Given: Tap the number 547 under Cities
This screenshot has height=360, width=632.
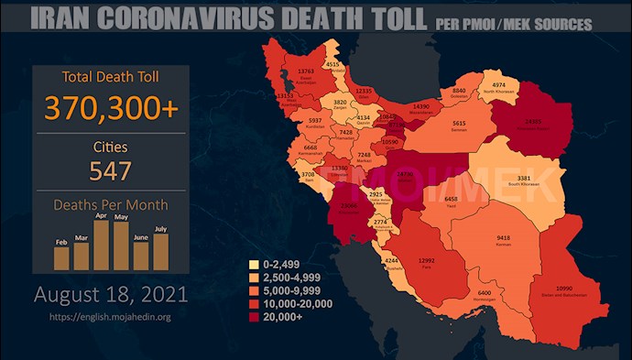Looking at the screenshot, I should (110, 170).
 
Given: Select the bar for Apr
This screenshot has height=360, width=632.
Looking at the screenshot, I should (102, 245).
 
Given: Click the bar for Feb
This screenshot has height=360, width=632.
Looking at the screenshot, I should (61, 257).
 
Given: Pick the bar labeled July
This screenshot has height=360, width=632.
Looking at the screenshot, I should (161, 252).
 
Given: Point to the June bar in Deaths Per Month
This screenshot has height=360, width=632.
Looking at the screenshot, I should (141, 256).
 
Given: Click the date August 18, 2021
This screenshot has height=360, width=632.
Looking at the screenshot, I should (111, 295).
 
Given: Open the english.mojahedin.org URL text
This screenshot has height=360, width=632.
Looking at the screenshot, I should (111, 317).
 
